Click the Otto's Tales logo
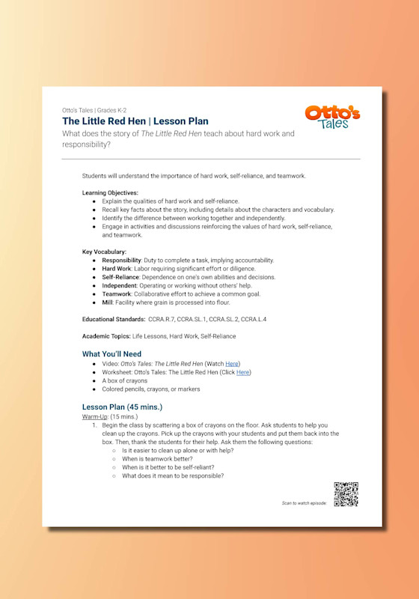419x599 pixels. (x=332, y=118)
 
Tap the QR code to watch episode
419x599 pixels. (x=346, y=494)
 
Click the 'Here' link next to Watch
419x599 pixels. (x=232, y=363)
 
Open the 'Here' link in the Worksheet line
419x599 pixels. (x=243, y=372)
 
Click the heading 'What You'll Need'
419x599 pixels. (x=111, y=353)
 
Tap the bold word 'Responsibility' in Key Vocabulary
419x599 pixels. (x=123, y=260)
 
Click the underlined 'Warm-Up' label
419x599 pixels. (x=94, y=416)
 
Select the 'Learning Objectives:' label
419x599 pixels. (x=110, y=192)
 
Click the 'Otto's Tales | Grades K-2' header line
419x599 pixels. (x=100, y=109)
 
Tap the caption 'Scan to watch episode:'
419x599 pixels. (x=304, y=503)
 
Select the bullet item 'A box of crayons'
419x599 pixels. (x=125, y=380)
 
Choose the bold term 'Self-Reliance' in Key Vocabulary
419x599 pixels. (x=120, y=277)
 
